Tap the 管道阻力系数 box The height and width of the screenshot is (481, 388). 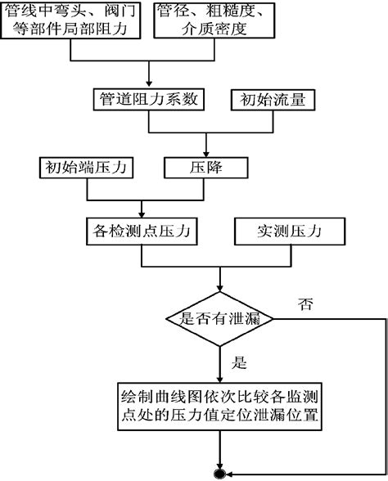click(148, 101)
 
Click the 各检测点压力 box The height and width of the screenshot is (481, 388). click(142, 232)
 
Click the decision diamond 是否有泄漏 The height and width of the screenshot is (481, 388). click(219, 317)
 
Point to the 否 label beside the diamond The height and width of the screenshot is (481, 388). click(305, 303)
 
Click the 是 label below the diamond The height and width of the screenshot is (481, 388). click(240, 359)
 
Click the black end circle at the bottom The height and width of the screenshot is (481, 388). click(219, 473)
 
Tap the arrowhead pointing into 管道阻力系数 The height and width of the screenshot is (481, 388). click(148, 84)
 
